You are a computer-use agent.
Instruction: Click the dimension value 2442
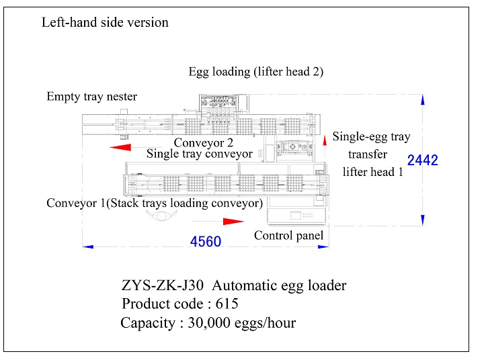click(423, 161)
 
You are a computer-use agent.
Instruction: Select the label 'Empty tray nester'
click(91, 97)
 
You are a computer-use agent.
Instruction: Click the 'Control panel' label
click(288, 236)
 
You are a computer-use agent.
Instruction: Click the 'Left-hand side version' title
click(105, 22)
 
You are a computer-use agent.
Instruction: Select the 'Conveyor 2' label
click(204, 142)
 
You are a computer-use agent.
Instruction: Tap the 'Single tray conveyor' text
click(200, 154)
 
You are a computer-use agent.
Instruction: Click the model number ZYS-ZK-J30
click(162, 285)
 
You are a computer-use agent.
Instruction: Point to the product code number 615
click(227, 304)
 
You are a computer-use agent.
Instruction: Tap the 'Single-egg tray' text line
click(371, 137)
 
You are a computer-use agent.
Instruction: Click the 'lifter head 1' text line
click(373, 172)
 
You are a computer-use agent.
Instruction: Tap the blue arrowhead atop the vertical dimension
click(422, 100)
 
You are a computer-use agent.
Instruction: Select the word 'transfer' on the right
click(368, 154)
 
